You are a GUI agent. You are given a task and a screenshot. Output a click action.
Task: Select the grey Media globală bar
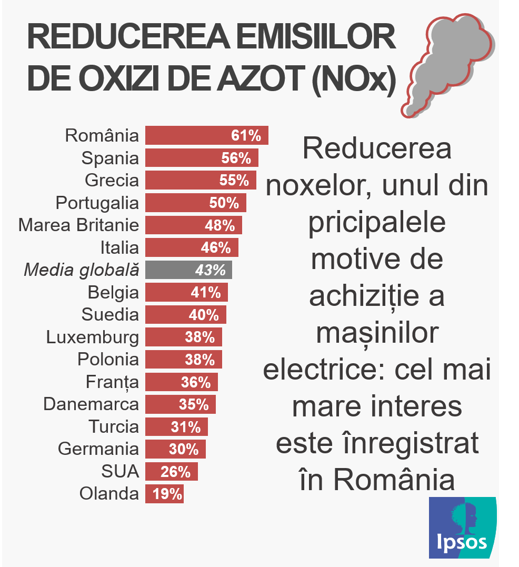point(188,270)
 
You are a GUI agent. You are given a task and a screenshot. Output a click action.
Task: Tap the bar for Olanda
point(164,494)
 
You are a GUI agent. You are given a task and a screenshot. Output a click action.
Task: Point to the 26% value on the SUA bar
point(175,472)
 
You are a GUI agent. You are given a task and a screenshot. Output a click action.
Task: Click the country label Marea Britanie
point(79,225)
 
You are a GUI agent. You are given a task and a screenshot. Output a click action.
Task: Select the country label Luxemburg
point(93,337)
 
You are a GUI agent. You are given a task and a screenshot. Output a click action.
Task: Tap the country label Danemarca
point(91,404)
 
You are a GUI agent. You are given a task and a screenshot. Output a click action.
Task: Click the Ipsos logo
point(462,528)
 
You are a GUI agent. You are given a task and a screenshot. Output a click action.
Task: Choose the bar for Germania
point(175,449)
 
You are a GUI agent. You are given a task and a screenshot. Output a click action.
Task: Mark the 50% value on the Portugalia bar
point(224,203)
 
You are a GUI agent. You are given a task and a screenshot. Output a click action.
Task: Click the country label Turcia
point(114,426)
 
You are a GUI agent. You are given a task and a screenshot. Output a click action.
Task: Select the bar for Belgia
point(186,292)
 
